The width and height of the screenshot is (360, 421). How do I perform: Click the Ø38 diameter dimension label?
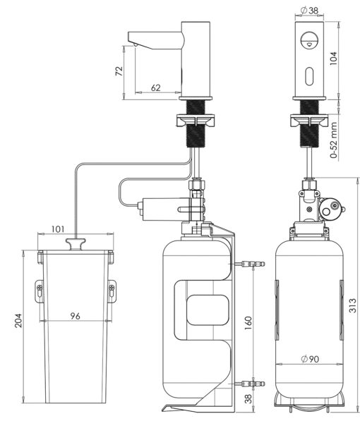(309, 11)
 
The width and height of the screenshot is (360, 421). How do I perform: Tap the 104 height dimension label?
(333, 58)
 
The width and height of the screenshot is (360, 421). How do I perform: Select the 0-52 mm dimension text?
(334, 140)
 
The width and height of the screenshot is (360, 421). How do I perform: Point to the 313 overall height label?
(352, 305)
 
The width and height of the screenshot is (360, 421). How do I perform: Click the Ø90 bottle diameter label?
(310, 359)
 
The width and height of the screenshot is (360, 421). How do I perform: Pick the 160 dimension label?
(248, 323)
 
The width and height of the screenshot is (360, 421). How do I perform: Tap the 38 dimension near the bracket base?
(248, 398)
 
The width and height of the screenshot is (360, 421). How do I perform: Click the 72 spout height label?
(119, 71)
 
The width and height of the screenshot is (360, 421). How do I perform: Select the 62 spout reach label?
(156, 88)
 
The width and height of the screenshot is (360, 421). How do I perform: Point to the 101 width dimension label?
(58, 229)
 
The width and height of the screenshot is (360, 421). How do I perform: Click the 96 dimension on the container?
(76, 316)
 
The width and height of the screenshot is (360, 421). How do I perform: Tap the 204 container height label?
(18, 320)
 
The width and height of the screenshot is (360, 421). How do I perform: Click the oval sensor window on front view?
(309, 77)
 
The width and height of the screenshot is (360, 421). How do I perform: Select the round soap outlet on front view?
(308, 40)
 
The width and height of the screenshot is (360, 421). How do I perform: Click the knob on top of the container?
(76, 244)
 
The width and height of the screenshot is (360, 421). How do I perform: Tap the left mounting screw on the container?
(40, 288)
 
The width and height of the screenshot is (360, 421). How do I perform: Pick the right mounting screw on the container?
(112, 288)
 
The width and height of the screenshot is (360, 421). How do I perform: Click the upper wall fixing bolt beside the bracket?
(251, 264)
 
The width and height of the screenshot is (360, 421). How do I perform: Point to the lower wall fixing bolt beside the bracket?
(251, 384)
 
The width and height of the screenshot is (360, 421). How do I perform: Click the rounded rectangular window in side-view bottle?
(208, 310)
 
